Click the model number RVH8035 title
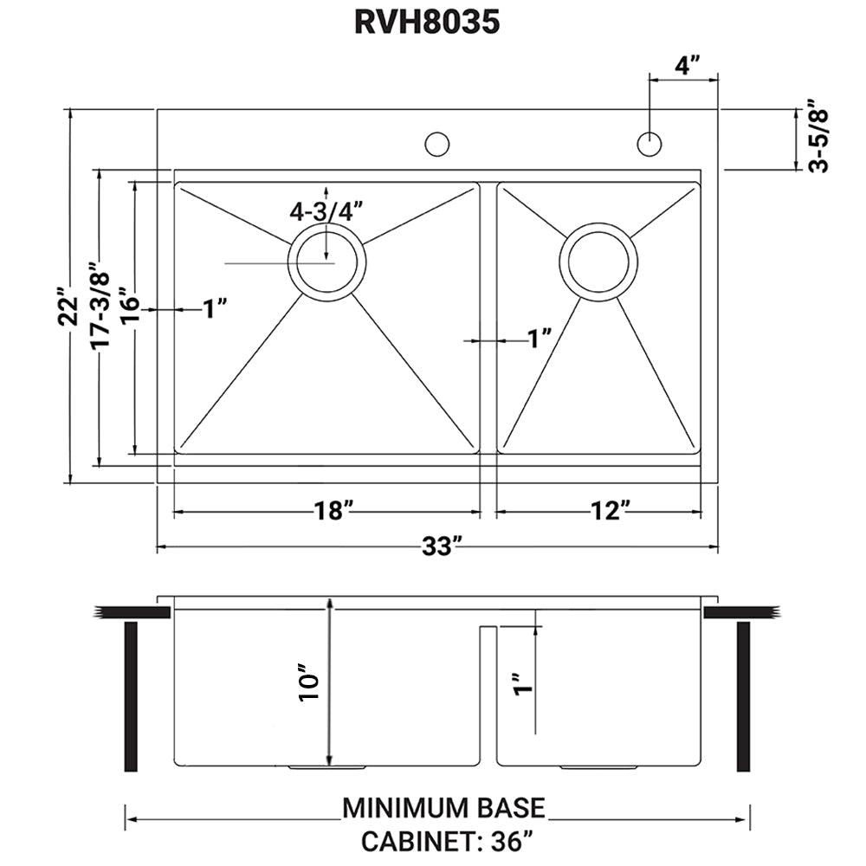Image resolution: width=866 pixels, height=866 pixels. [427, 23]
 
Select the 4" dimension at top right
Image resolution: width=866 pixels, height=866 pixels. [688, 64]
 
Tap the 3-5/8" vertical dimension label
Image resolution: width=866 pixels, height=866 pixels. [818, 139]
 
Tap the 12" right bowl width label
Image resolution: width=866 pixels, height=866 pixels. [605, 512]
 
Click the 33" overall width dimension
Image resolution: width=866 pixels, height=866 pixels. [438, 547]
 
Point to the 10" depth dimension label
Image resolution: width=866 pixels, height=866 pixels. [308, 682]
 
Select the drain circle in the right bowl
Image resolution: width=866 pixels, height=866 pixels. [598, 262]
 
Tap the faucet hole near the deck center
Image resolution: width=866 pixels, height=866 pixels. [437, 144]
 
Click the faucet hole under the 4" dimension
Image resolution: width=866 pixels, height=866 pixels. [649, 144]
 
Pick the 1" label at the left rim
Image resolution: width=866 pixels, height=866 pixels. [214, 308]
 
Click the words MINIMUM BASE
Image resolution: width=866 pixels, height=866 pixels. [444, 807]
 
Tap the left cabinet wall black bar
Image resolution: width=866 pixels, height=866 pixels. [132, 696]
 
